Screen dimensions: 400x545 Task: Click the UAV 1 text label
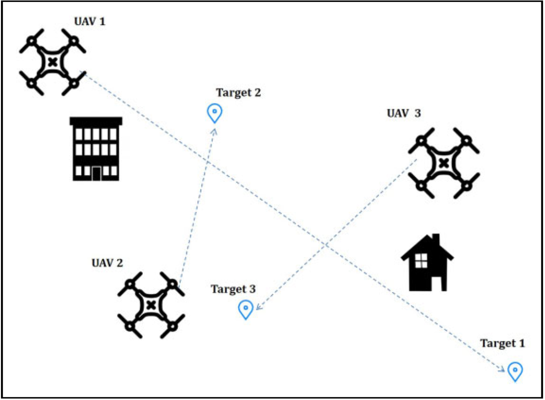90,22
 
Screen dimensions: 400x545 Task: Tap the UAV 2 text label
107,263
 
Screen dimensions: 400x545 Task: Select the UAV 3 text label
403,113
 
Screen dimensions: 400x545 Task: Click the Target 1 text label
503,344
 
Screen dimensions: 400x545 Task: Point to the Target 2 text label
239,93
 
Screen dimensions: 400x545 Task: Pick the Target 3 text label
233,289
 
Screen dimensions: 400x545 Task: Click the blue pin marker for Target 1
515,371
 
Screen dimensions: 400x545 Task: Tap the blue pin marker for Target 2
215,112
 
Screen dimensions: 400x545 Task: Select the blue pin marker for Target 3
246,308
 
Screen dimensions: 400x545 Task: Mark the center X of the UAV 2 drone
150,305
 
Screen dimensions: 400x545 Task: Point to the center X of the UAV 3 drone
444,162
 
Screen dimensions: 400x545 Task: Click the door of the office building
96,174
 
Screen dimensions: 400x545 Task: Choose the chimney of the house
435,239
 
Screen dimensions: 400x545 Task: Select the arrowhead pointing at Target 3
257,307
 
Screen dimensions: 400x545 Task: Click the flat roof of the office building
96,121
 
